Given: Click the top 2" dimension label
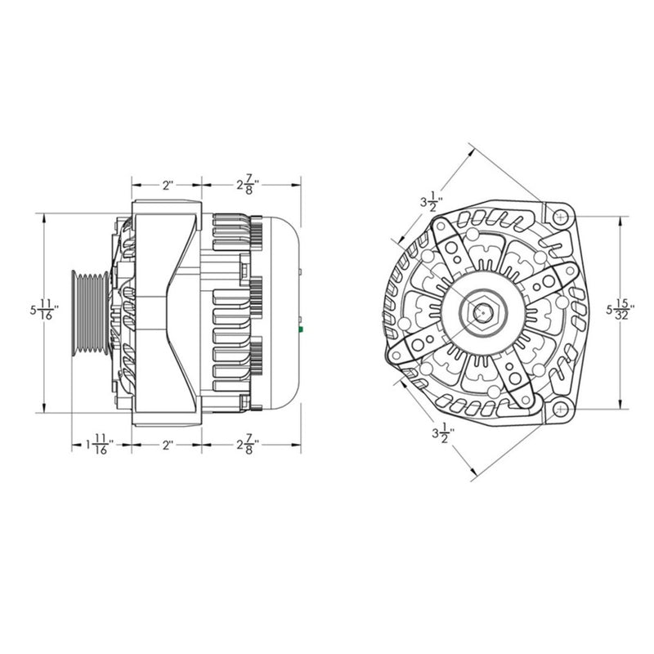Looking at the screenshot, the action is click(x=167, y=185).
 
